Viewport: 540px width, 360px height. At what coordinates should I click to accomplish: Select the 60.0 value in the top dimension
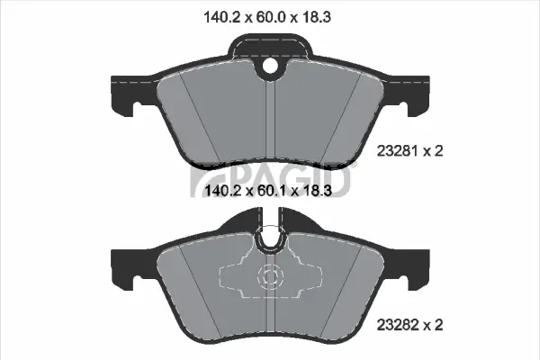271,16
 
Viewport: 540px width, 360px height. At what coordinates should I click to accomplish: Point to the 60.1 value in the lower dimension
271,191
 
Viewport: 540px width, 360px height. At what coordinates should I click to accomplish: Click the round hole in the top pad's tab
270,65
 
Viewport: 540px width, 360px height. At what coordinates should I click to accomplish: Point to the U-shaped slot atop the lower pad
270,238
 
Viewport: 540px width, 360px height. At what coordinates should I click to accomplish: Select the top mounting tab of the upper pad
270,49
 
